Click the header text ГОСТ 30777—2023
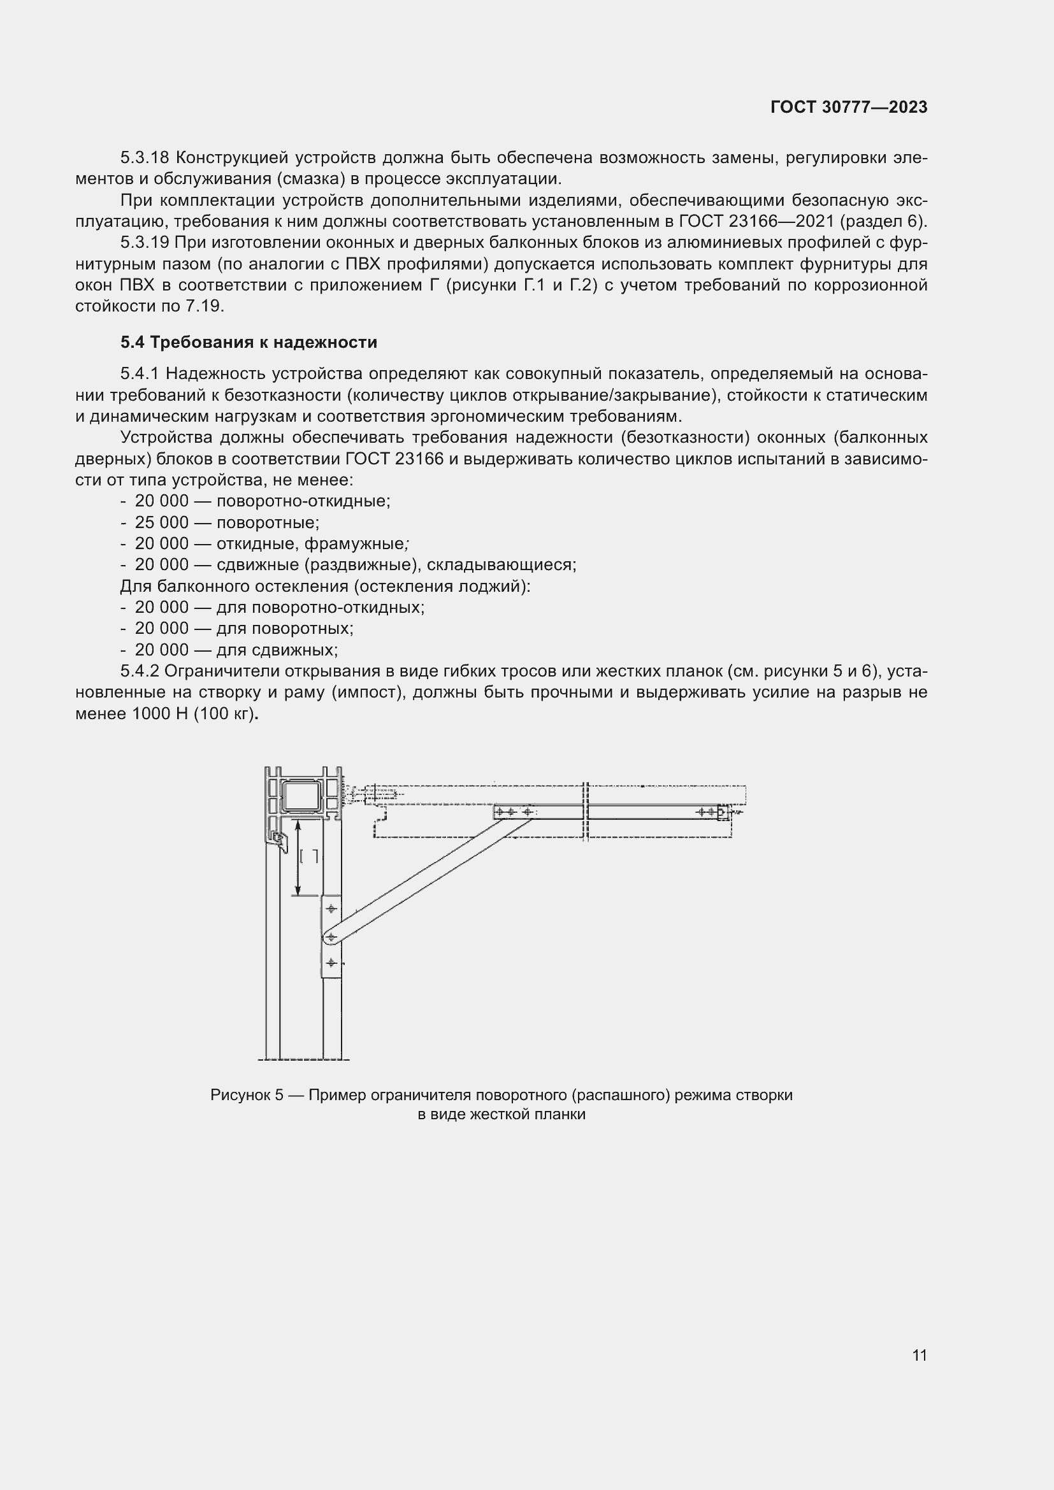coord(849,108)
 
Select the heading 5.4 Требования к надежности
coord(249,342)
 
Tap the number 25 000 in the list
coord(162,522)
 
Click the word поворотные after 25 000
coord(268,522)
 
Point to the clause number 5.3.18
coord(145,158)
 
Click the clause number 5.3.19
coord(145,243)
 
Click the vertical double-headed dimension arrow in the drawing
coord(298,857)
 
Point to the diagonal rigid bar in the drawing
coord(428,878)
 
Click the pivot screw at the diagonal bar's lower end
coord(331,937)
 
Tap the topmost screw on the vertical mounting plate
coord(331,908)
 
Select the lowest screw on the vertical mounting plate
coord(331,963)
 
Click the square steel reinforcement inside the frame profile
coord(302,797)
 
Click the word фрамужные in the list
coord(354,544)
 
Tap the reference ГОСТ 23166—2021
coord(756,221)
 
